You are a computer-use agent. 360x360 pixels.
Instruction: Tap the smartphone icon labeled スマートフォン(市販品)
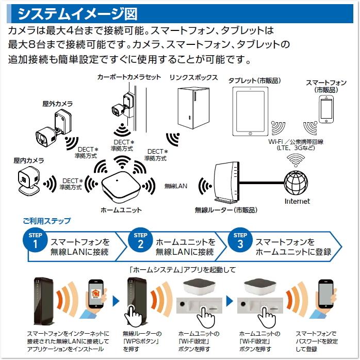click(326, 109)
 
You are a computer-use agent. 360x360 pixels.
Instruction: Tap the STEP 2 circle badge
click(140, 241)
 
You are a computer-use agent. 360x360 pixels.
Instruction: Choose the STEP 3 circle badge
click(240, 241)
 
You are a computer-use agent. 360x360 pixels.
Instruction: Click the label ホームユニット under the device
click(120, 210)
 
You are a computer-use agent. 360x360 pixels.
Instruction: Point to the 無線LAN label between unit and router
click(176, 185)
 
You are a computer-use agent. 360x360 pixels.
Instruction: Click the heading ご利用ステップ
click(46, 221)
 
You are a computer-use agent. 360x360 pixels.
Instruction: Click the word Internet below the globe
click(298, 201)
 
